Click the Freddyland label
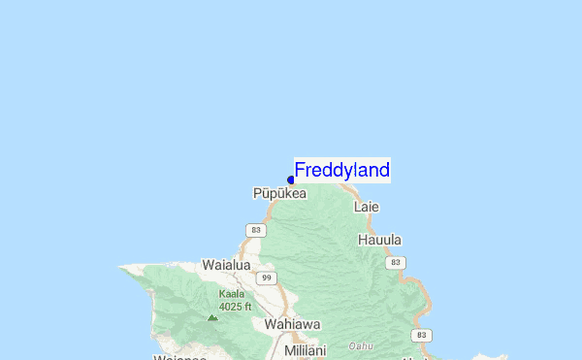point(341,171)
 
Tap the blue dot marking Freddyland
point(291,180)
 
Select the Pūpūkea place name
point(279,194)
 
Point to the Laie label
point(366,207)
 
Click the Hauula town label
point(379,240)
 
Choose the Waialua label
point(226,264)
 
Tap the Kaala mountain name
point(231,294)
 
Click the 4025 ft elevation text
point(235,307)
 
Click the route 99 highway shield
point(265,278)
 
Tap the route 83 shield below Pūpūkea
point(255,230)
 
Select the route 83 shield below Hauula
point(395,263)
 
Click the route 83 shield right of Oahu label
point(420,335)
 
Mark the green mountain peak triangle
point(212,316)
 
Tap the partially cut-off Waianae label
point(178,356)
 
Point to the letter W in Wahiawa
point(271,324)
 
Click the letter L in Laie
point(357,207)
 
